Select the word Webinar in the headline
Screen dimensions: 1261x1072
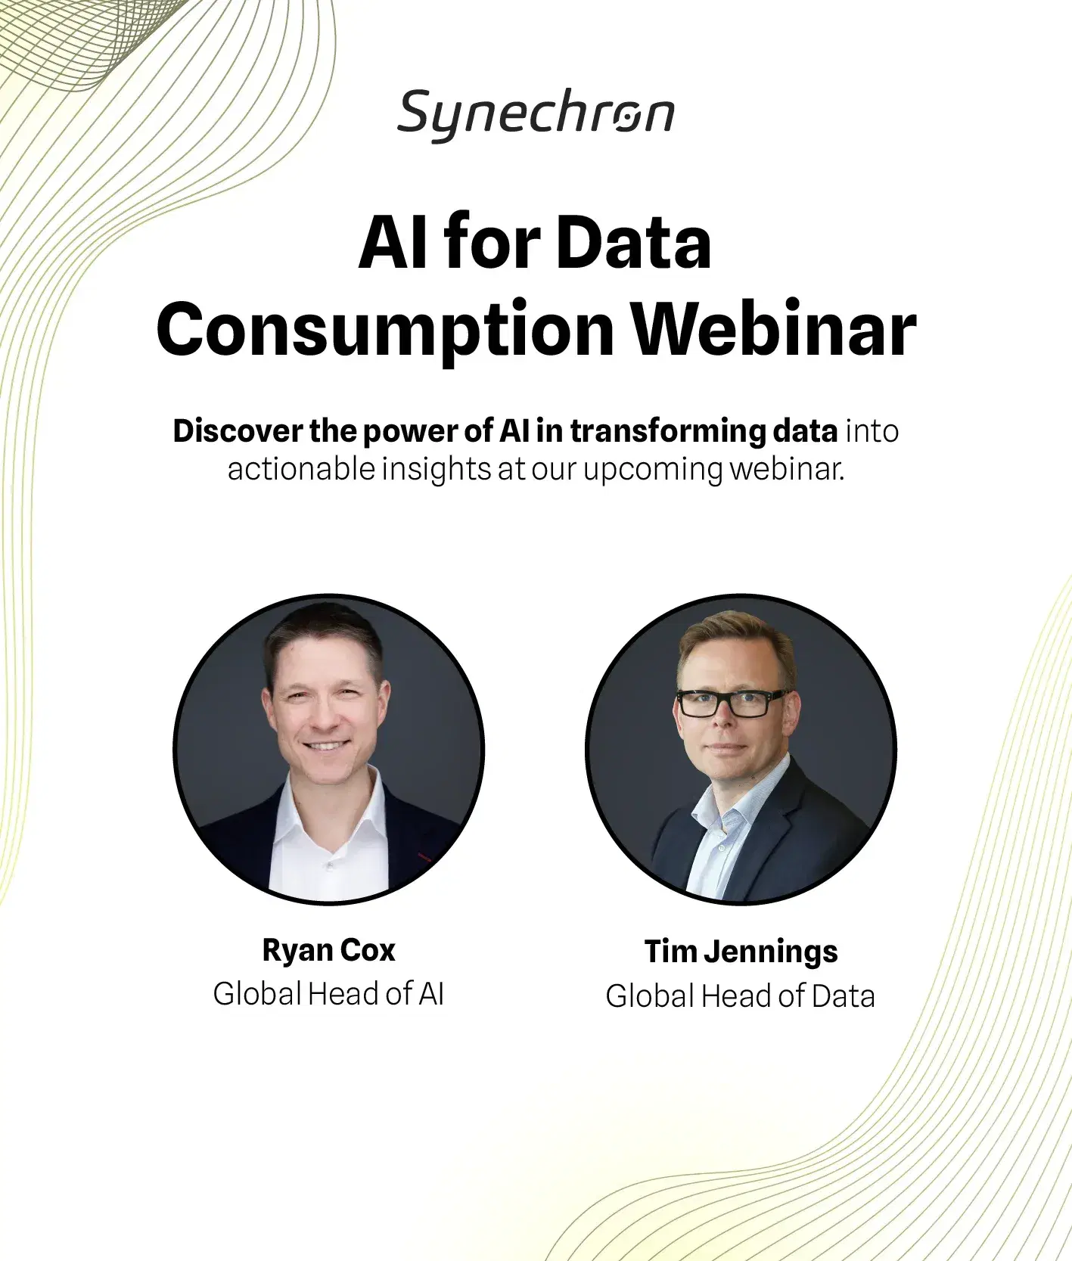773,330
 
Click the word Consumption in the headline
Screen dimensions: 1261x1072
385,330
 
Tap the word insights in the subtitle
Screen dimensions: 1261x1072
436,470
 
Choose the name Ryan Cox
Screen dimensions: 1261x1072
328,950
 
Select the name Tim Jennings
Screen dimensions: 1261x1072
741,952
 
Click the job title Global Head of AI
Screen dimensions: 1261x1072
328,994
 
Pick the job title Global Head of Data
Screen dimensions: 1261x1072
740,996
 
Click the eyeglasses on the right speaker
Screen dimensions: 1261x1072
730,703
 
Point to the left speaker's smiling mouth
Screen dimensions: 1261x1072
326,746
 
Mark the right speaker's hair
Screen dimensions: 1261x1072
730,639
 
